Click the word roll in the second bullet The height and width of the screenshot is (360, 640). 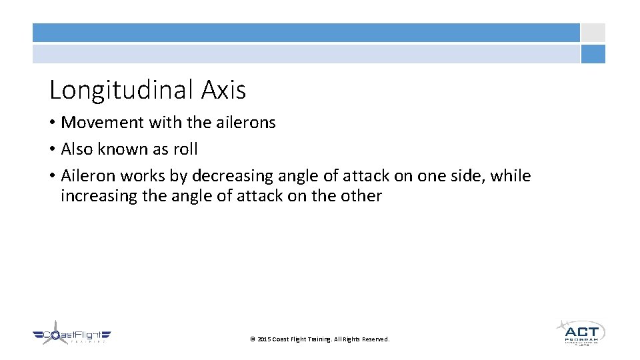pyautogui.click(x=185, y=149)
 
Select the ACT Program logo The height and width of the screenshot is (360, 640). pyautogui.click(x=580, y=331)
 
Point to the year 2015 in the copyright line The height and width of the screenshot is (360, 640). pyautogui.click(x=264, y=339)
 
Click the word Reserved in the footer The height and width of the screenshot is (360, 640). pyautogui.click(x=375, y=339)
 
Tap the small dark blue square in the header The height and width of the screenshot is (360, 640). pyautogui.click(x=593, y=54)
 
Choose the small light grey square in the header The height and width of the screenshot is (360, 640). pyautogui.click(x=593, y=33)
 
